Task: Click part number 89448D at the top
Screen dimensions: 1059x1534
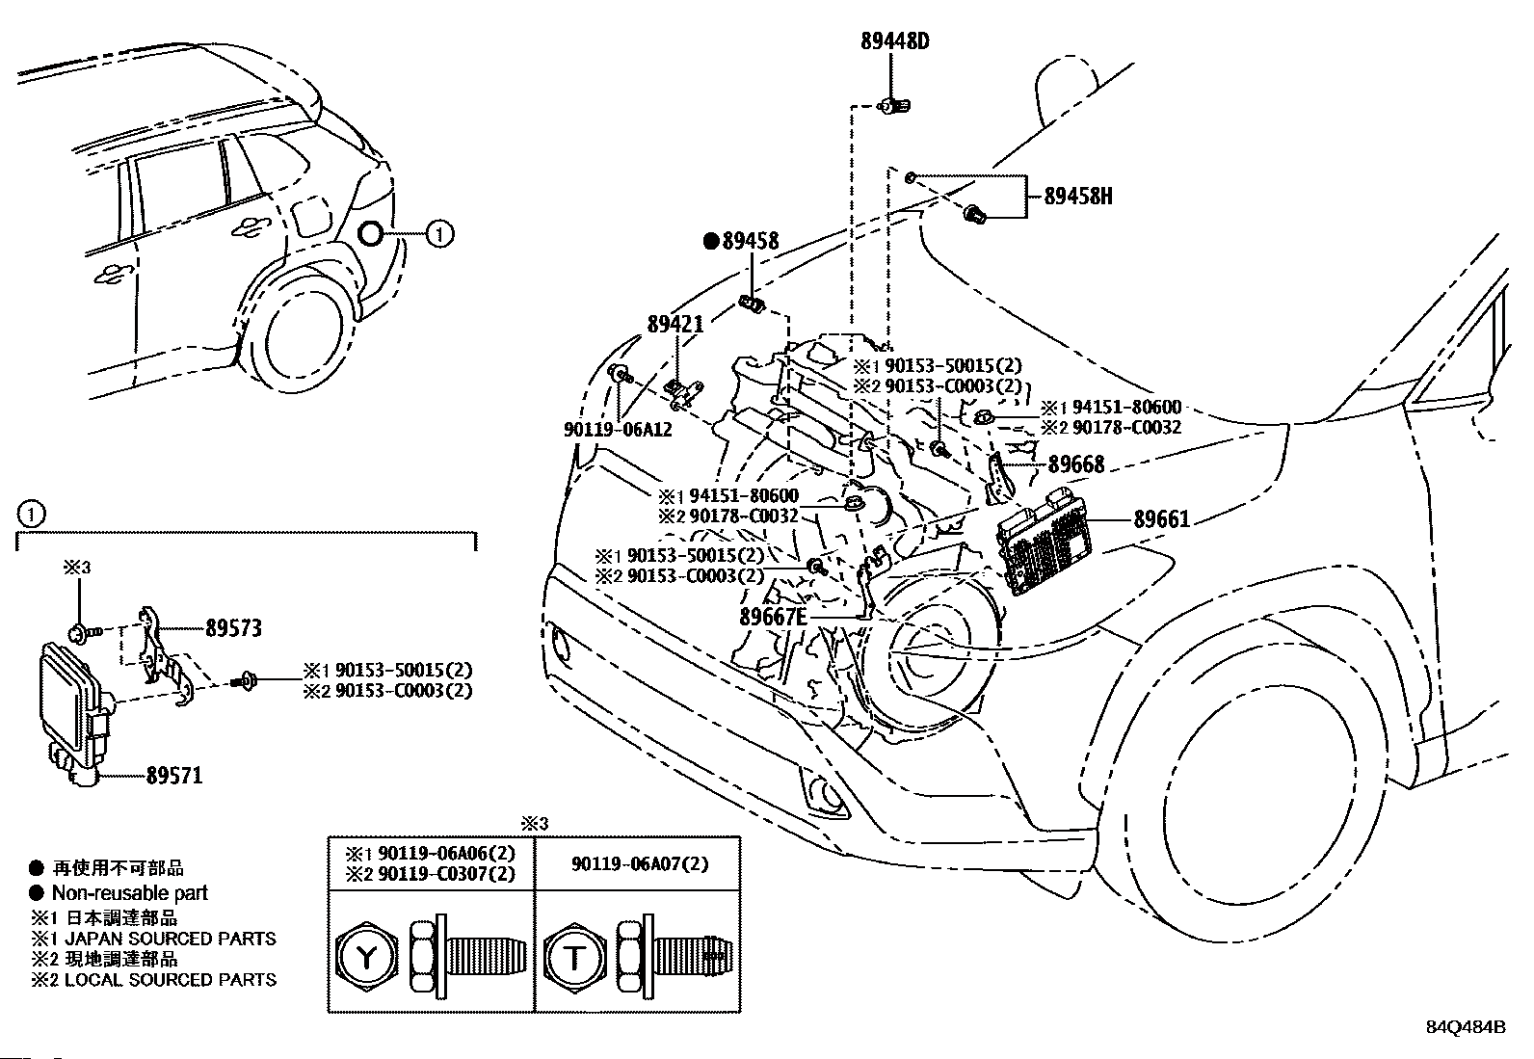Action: [894, 41]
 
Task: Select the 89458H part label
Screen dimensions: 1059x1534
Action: [1078, 197]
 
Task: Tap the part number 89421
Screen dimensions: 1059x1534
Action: [674, 325]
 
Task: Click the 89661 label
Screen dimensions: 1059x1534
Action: [1161, 519]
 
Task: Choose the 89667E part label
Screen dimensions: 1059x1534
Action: [774, 617]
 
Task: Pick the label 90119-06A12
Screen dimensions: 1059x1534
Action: [618, 429]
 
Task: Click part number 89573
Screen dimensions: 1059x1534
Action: [233, 628]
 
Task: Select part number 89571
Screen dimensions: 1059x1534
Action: [174, 775]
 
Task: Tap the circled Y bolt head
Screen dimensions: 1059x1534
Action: [366, 957]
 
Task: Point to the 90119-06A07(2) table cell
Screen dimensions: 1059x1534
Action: [637, 863]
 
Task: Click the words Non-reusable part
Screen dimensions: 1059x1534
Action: [129, 893]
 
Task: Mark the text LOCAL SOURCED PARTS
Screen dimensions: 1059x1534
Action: [170, 980]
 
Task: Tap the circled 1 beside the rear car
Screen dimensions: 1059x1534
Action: [438, 233]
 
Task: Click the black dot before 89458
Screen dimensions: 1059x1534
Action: [711, 242]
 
